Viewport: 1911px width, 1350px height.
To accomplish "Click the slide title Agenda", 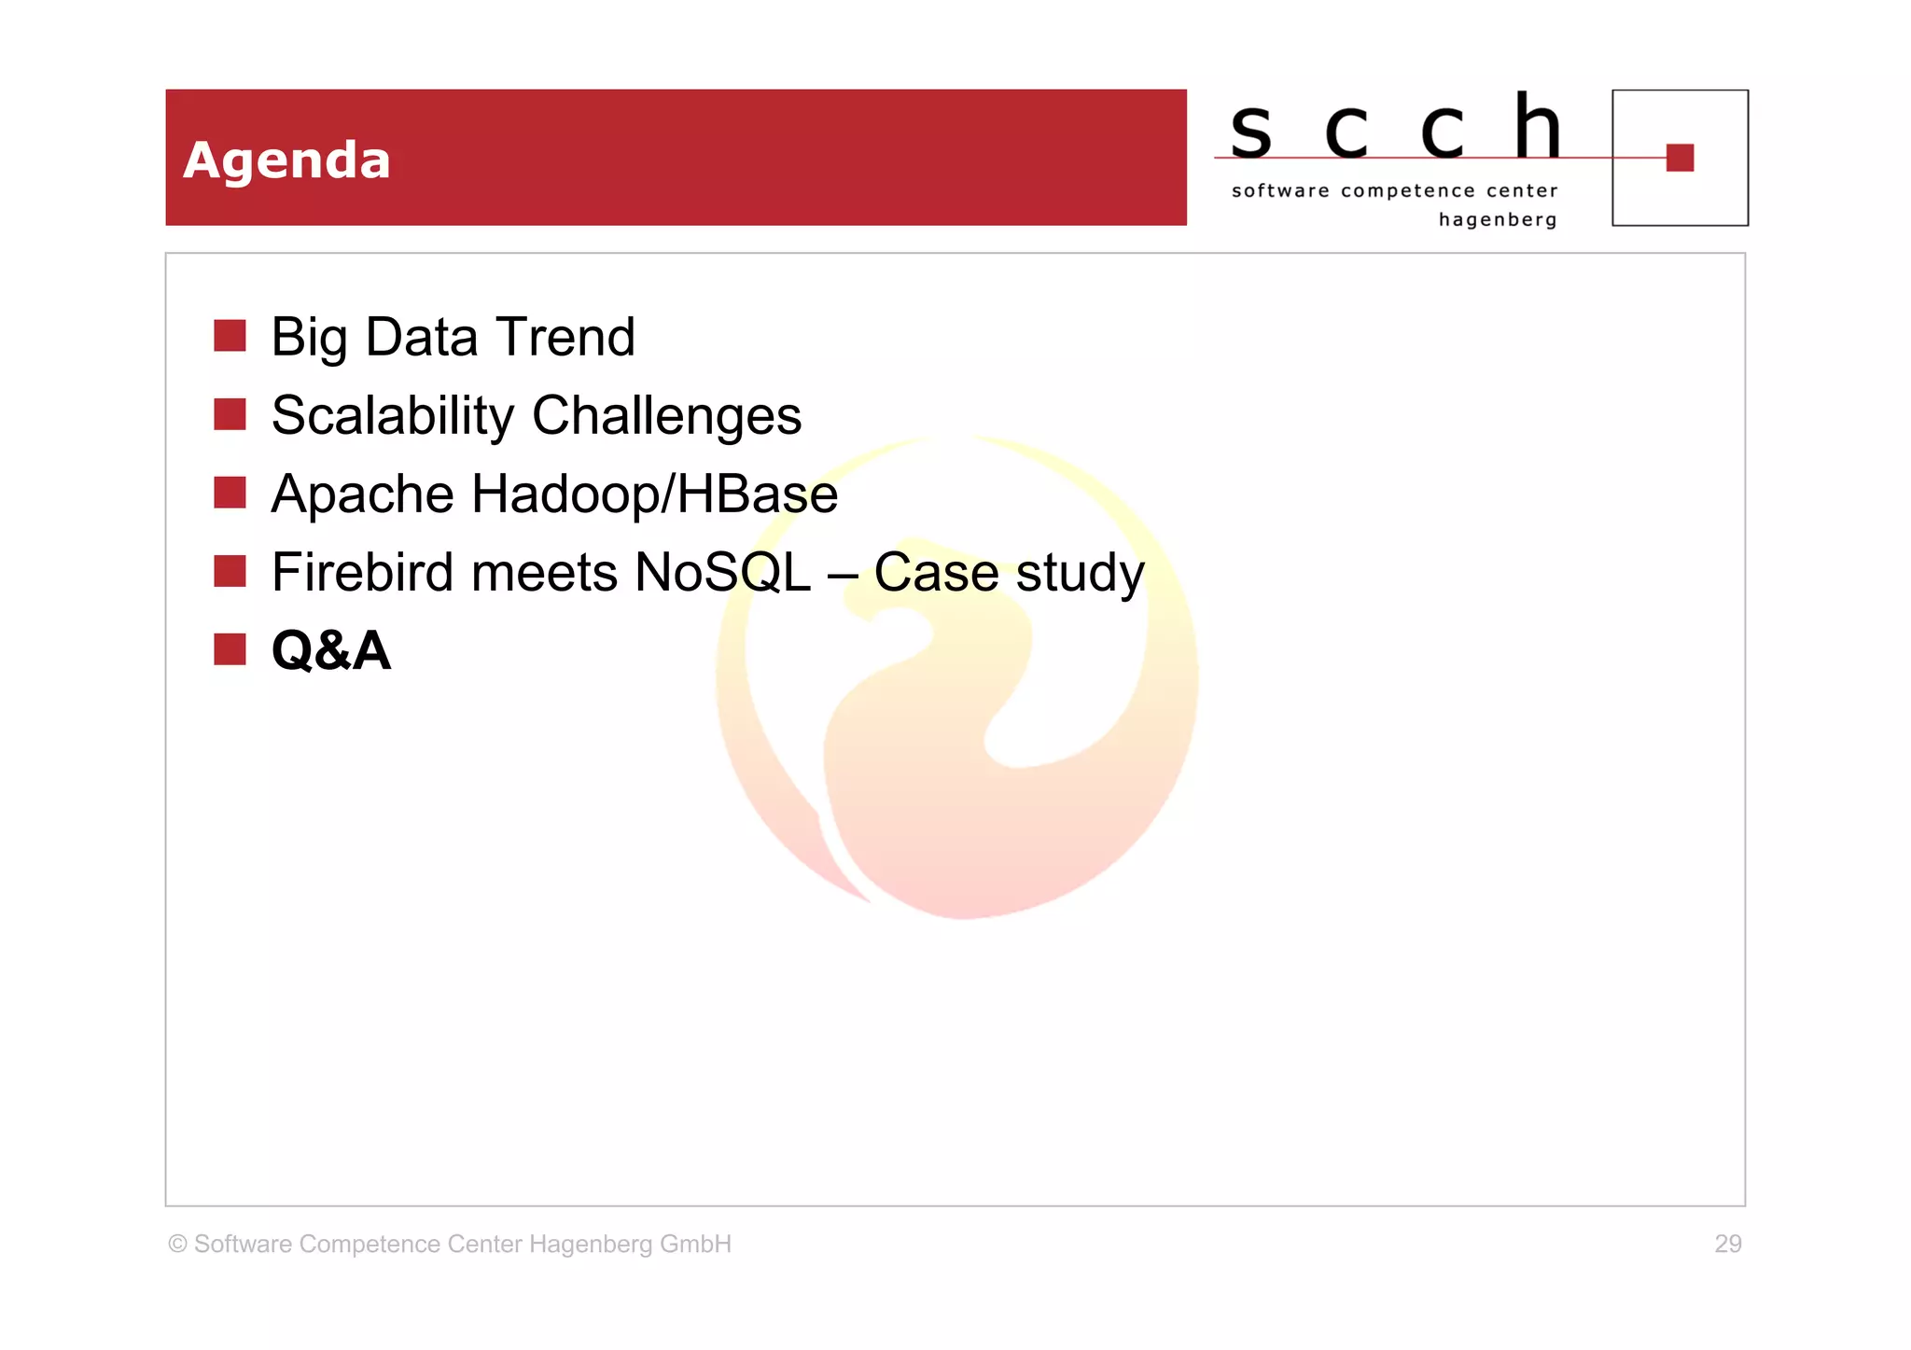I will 286,160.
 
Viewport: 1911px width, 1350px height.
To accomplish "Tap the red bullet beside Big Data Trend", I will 230,336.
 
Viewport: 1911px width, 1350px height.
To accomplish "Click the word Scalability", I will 392,415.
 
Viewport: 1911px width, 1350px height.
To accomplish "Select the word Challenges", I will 666,415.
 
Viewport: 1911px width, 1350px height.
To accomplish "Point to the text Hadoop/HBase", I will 654,494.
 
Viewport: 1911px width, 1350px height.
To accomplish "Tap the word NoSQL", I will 722,572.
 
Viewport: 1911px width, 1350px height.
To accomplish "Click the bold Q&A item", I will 330,650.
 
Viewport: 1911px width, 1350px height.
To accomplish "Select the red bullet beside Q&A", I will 230,649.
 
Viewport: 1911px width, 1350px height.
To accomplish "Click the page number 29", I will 1727,1244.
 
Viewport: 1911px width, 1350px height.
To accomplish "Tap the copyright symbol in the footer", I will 177,1244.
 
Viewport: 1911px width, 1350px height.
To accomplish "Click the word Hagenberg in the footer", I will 590,1244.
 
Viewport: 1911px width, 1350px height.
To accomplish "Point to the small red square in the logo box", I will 1680,158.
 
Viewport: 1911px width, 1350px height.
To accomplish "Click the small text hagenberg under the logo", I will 1497,220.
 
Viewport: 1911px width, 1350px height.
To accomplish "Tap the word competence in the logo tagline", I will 1408,191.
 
